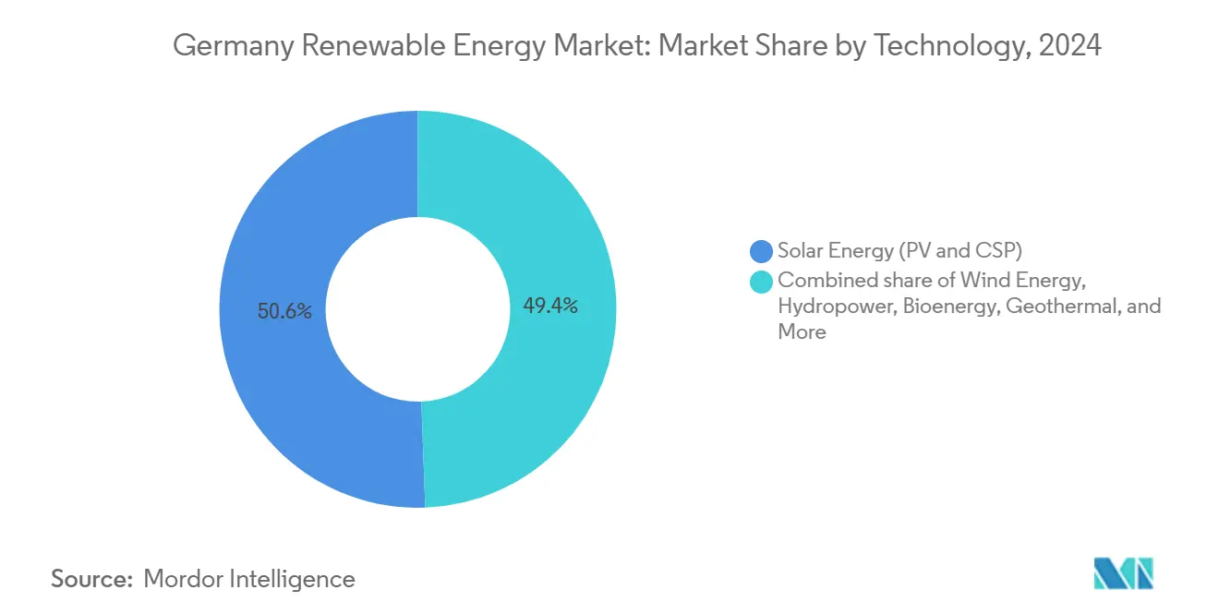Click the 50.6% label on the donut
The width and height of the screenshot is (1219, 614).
pyautogui.click(x=284, y=312)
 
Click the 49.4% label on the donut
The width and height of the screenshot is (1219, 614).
pyautogui.click(x=550, y=306)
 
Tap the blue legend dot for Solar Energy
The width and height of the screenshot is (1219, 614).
pyautogui.click(x=762, y=250)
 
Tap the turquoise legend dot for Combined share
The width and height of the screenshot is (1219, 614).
pyautogui.click(x=762, y=281)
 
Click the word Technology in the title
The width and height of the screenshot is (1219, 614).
pyautogui.click(x=950, y=45)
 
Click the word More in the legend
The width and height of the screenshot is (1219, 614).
pyautogui.click(x=802, y=332)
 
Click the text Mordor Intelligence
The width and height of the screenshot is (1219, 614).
pyautogui.click(x=249, y=579)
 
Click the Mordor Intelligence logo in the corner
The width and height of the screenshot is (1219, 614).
pyautogui.click(x=1123, y=574)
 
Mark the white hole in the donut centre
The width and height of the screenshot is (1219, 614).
pyautogui.click(x=417, y=309)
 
